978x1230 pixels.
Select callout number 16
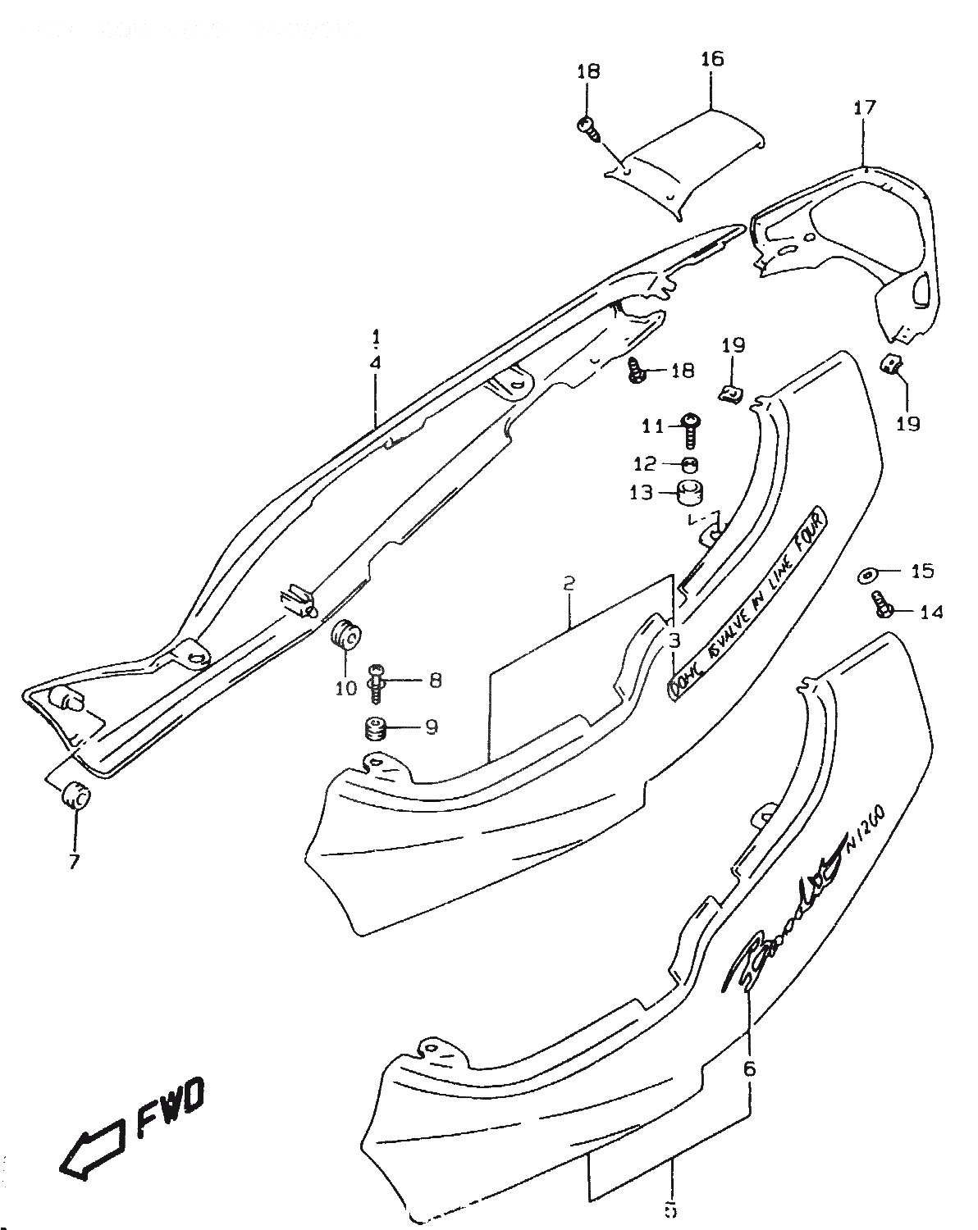(x=712, y=59)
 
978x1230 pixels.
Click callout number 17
(x=864, y=107)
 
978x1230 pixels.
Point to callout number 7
(x=74, y=862)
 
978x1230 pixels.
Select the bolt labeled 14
(x=882, y=608)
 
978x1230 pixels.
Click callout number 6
(x=748, y=1068)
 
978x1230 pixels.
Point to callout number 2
(x=568, y=585)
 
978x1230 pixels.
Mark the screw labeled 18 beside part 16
(x=587, y=126)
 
